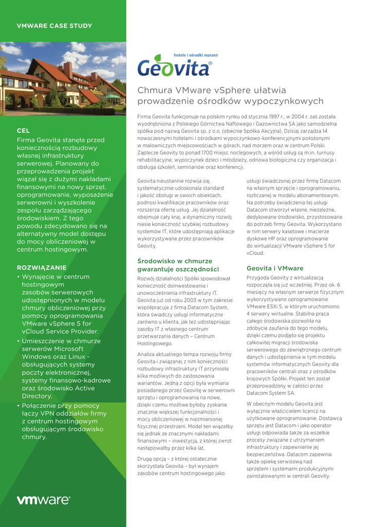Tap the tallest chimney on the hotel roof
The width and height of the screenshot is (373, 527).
pyautogui.click(x=68, y=69)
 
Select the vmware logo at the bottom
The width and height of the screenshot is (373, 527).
pyautogui.click(x=43, y=500)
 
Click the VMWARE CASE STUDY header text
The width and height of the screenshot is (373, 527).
pyautogui.click(x=55, y=26)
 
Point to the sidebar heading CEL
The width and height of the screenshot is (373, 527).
pyautogui.click(x=23, y=131)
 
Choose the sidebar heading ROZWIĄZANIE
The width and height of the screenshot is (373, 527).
pyautogui.click(x=42, y=268)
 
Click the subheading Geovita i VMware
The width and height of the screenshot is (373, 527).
pyautogui.click(x=275, y=268)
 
